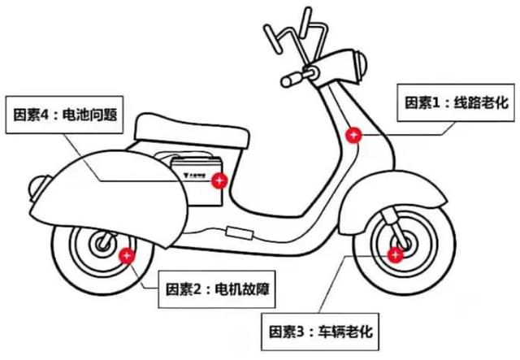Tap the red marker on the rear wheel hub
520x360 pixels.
click(x=127, y=257)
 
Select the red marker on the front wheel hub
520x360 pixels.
click(x=396, y=256)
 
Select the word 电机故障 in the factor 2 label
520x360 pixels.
click(x=239, y=288)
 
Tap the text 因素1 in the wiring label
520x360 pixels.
click(x=422, y=103)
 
